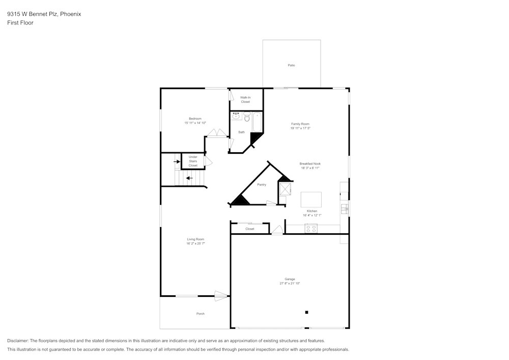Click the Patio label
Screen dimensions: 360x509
tap(291, 65)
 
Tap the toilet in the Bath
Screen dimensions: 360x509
tap(247, 117)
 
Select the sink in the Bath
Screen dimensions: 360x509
tap(236, 117)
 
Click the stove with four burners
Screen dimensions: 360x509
tap(311, 229)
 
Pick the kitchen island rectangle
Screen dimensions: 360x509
tap(311, 199)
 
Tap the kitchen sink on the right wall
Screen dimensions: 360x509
tap(345, 208)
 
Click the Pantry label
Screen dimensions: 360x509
tap(262, 185)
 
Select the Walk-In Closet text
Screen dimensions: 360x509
tap(245, 99)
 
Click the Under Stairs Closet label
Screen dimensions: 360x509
tap(193, 161)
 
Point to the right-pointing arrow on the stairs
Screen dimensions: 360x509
tap(177, 162)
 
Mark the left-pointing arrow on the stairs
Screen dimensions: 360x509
tap(189, 178)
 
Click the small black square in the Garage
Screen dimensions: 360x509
tap(306, 312)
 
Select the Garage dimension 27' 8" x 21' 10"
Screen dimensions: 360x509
tap(290, 283)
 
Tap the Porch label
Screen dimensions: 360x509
tap(201, 314)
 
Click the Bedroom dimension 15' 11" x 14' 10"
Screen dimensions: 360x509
tap(195, 123)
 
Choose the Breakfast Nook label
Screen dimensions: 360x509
tap(309, 163)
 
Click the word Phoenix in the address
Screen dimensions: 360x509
tap(70, 14)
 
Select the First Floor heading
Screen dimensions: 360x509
tap(20, 23)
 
